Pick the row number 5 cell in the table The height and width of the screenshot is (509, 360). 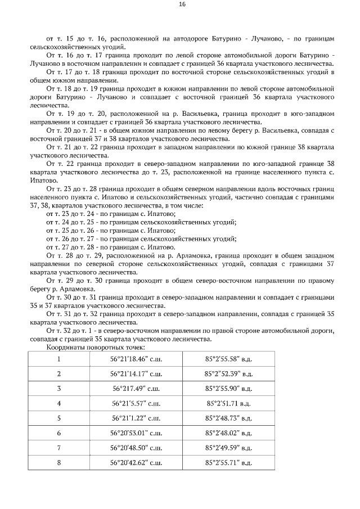coord(59,418)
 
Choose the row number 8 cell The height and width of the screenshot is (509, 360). coord(59,463)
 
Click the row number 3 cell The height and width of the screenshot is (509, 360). coord(59,388)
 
